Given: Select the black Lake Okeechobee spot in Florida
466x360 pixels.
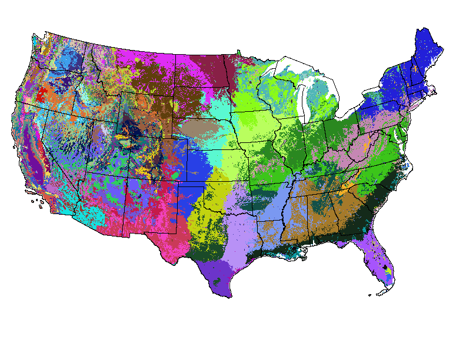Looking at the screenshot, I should (386, 268).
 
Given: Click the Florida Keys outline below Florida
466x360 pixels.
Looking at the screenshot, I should (377, 294).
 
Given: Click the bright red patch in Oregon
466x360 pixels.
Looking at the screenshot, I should (41, 94).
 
